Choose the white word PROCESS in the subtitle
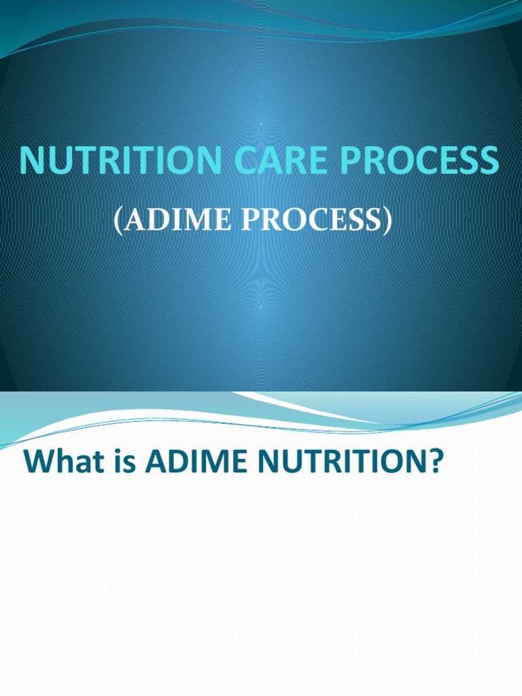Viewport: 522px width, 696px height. [x=304, y=220]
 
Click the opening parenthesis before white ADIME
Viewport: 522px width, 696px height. [x=118, y=221]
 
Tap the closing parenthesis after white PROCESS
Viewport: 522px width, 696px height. [x=387, y=221]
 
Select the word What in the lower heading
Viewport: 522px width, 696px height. [x=61, y=463]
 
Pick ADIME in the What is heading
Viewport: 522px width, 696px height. [x=194, y=463]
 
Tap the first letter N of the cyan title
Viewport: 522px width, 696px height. [x=31, y=160]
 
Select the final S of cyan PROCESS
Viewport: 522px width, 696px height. [x=488, y=160]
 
